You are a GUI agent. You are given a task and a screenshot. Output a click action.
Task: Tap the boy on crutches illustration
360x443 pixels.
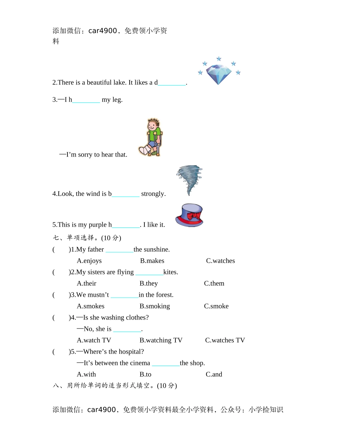tap(150, 138)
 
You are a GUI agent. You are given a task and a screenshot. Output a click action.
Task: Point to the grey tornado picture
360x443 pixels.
tap(189, 180)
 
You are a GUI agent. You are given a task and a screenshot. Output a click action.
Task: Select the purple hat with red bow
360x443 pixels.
tap(189, 215)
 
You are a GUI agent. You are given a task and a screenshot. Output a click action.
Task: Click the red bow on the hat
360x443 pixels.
tap(194, 216)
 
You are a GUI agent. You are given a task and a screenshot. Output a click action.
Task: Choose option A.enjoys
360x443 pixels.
tap(89, 261)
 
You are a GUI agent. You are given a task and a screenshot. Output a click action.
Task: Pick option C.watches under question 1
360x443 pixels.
tap(220, 261)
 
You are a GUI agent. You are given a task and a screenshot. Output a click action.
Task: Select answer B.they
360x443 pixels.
tap(149, 283)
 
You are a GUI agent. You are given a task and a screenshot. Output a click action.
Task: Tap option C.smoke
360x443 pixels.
tap(216, 306)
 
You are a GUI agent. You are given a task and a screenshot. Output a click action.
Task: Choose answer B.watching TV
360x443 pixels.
tap(161, 340)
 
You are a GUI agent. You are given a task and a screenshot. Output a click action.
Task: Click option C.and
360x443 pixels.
tap(214, 374)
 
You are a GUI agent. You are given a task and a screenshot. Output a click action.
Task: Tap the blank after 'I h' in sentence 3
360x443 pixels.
tap(86, 100)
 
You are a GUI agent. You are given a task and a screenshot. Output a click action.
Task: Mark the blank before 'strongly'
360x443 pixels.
tap(125, 194)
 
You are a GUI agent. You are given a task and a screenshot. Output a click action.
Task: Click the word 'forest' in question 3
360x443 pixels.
tap(163, 295)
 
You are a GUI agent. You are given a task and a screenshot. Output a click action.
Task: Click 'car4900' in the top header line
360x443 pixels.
tap(103, 31)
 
